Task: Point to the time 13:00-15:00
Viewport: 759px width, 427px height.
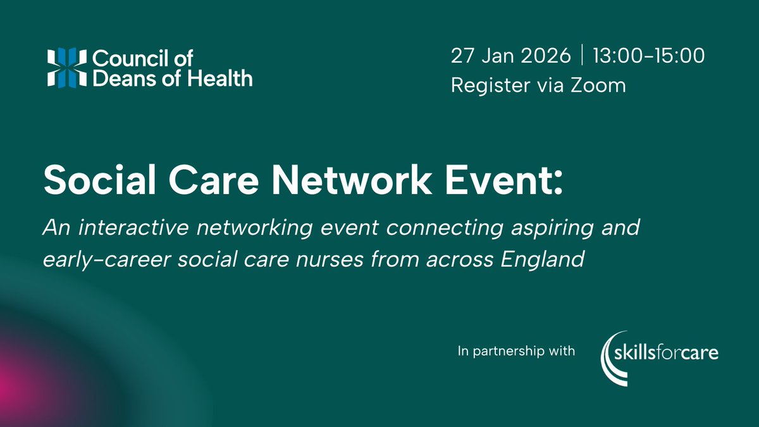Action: (648, 56)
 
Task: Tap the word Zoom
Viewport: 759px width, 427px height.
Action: (598, 85)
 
